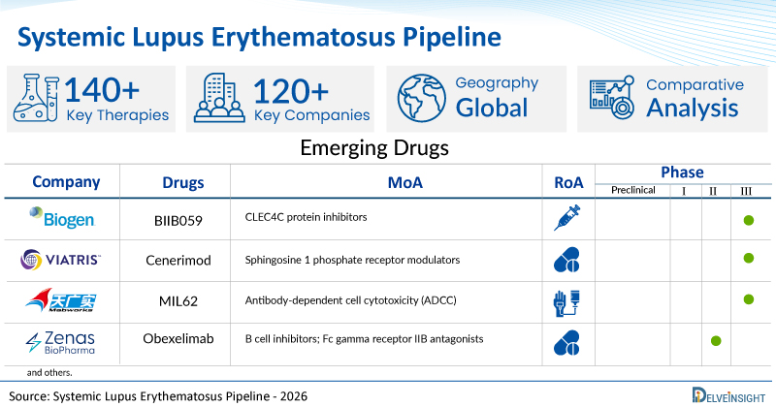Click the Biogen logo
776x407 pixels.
pyautogui.click(x=62, y=218)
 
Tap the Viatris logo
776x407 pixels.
pyautogui.click(x=60, y=260)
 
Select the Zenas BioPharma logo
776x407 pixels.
pyautogui.click(x=60, y=342)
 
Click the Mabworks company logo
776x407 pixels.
pyautogui.click(x=61, y=300)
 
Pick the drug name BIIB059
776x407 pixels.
pyautogui.click(x=178, y=221)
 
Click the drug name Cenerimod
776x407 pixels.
pyautogui.click(x=178, y=260)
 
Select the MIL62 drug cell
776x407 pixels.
pyautogui.click(x=178, y=301)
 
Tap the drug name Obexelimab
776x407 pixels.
pyautogui.click(x=178, y=339)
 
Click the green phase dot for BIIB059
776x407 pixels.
pyautogui.click(x=748, y=220)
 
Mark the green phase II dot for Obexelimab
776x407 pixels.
pyautogui.click(x=716, y=341)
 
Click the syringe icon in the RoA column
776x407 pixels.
pyautogui.click(x=567, y=218)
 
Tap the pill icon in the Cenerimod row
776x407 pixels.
pyautogui.click(x=566, y=260)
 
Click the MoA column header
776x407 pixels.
pyautogui.click(x=404, y=182)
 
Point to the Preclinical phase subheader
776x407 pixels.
pyautogui.click(x=633, y=190)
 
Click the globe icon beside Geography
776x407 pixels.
pyautogui.click(x=422, y=98)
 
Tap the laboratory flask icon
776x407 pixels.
pyautogui.click(x=36, y=98)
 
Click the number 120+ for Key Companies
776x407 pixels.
pyautogui.click(x=291, y=91)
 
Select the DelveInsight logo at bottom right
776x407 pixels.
pyautogui.click(x=728, y=395)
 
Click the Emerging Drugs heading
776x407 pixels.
pyautogui.click(x=374, y=148)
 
